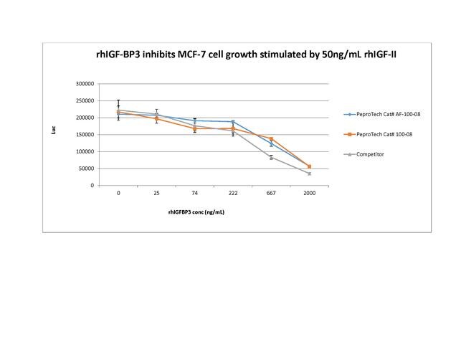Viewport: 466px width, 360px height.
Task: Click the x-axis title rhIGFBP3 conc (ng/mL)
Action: (196, 212)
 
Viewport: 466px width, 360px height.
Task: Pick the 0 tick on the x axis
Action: (118, 193)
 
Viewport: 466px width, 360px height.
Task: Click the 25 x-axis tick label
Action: (156, 193)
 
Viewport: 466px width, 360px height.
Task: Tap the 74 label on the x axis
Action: (195, 193)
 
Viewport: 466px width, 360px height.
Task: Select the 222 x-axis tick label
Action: (233, 193)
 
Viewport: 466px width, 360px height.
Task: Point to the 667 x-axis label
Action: (271, 193)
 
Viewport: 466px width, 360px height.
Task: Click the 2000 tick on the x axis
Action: (309, 193)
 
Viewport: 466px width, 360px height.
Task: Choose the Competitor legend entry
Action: (371, 154)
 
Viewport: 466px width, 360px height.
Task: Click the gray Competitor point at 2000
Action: (309, 174)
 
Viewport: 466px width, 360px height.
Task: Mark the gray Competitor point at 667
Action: (271, 157)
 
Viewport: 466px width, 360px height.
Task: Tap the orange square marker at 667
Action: (271, 138)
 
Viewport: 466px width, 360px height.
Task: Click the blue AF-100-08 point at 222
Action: (233, 122)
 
